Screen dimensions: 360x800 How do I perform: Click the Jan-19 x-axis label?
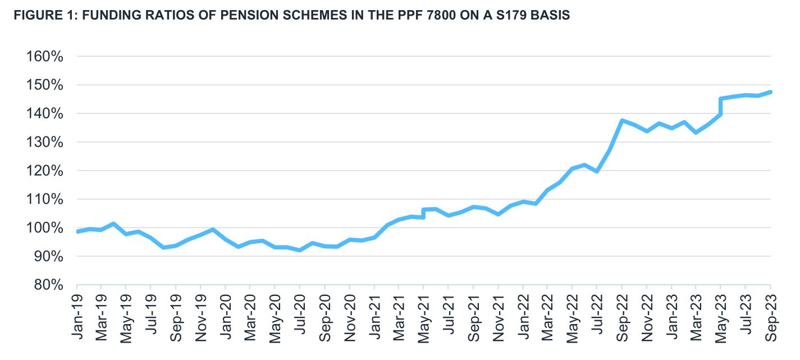(77, 312)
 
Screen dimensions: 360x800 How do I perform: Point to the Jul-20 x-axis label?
(300, 312)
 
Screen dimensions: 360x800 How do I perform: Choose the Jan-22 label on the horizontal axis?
(523, 312)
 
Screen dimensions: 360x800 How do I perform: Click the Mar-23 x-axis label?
(696, 312)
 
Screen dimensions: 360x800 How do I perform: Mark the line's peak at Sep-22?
(621, 121)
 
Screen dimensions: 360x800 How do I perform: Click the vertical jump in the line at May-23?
(720, 107)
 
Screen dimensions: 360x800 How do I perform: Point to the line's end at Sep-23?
(770, 92)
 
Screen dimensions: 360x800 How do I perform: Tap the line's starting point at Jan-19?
(77, 231)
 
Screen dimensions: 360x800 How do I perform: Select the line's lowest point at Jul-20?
(300, 250)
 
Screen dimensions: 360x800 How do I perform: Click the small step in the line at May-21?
(423, 213)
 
